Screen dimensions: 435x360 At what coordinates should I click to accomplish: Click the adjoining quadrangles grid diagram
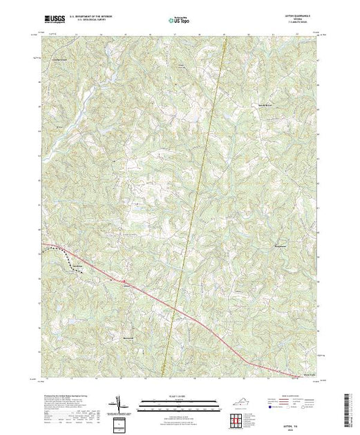[240, 418]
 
